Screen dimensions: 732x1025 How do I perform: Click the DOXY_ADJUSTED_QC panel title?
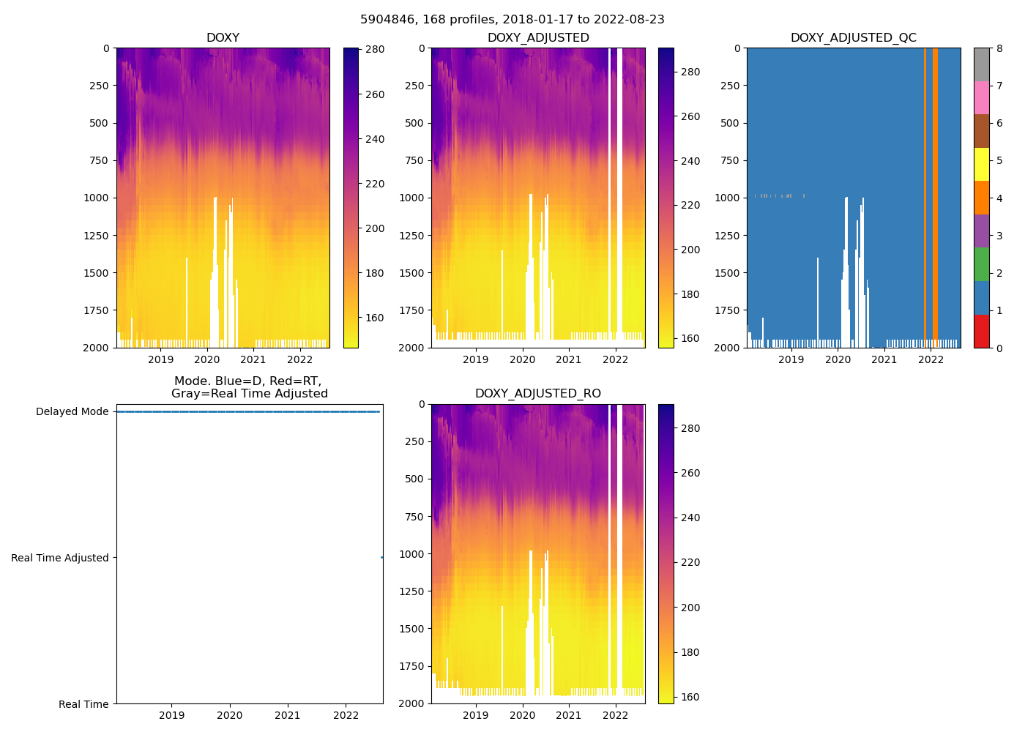click(853, 38)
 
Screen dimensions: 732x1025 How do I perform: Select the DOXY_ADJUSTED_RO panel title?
click(537, 394)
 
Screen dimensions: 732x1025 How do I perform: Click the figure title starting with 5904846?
click(512, 20)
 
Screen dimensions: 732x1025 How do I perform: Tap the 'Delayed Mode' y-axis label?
click(72, 412)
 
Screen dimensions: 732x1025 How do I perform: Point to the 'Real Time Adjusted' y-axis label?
click(60, 558)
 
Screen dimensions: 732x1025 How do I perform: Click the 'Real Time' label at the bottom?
click(83, 704)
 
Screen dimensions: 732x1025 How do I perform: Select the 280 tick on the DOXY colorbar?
click(375, 50)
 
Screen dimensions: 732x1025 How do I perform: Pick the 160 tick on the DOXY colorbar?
click(375, 318)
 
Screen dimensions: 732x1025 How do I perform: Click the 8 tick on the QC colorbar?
click(999, 49)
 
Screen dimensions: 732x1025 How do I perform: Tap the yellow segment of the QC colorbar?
click(981, 165)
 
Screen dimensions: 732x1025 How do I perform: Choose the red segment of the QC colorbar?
click(981, 331)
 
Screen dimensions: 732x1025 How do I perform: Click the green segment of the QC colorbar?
click(981, 264)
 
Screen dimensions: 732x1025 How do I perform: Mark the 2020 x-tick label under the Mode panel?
click(230, 715)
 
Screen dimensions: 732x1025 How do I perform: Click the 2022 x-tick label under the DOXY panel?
click(299, 359)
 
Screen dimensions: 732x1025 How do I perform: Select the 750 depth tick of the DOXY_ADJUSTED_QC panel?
click(730, 160)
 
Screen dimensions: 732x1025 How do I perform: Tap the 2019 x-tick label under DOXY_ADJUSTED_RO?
click(476, 715)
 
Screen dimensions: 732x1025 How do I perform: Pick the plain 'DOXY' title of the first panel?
click(223, 38)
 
